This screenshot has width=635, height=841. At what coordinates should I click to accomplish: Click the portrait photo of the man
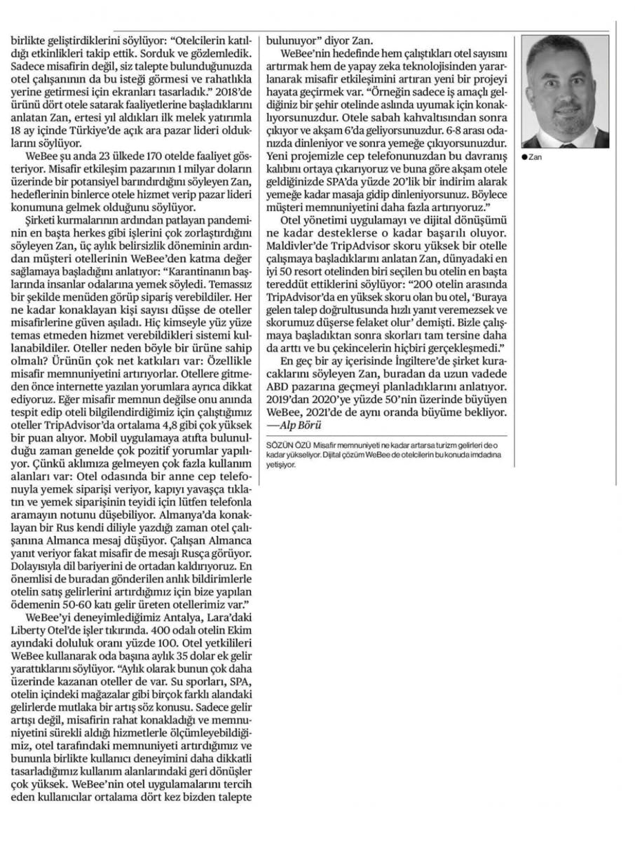coord(566,90)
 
